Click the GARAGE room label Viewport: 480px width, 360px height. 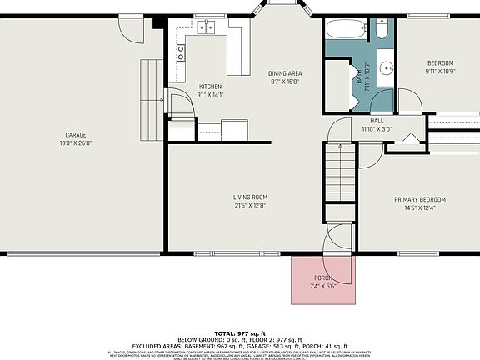click(76, 134)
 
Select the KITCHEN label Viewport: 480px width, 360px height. click(210, 87)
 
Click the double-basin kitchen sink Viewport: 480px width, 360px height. click(206, 27)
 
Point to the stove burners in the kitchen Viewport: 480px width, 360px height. click(181, 53)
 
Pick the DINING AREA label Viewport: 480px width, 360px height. click(285, 73)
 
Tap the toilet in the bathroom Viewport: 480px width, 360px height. click(382, 30)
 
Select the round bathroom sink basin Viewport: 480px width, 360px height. click(387, 68)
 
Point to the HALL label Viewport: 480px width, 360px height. click(377, 121)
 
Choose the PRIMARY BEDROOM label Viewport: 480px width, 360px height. click(420, 199)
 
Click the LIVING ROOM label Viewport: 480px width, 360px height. click(249, 197)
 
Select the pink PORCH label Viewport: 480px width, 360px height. click(322, 277)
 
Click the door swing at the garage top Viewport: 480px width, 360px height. click(132, 30)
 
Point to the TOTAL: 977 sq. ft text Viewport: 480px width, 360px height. click(240, 333)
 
